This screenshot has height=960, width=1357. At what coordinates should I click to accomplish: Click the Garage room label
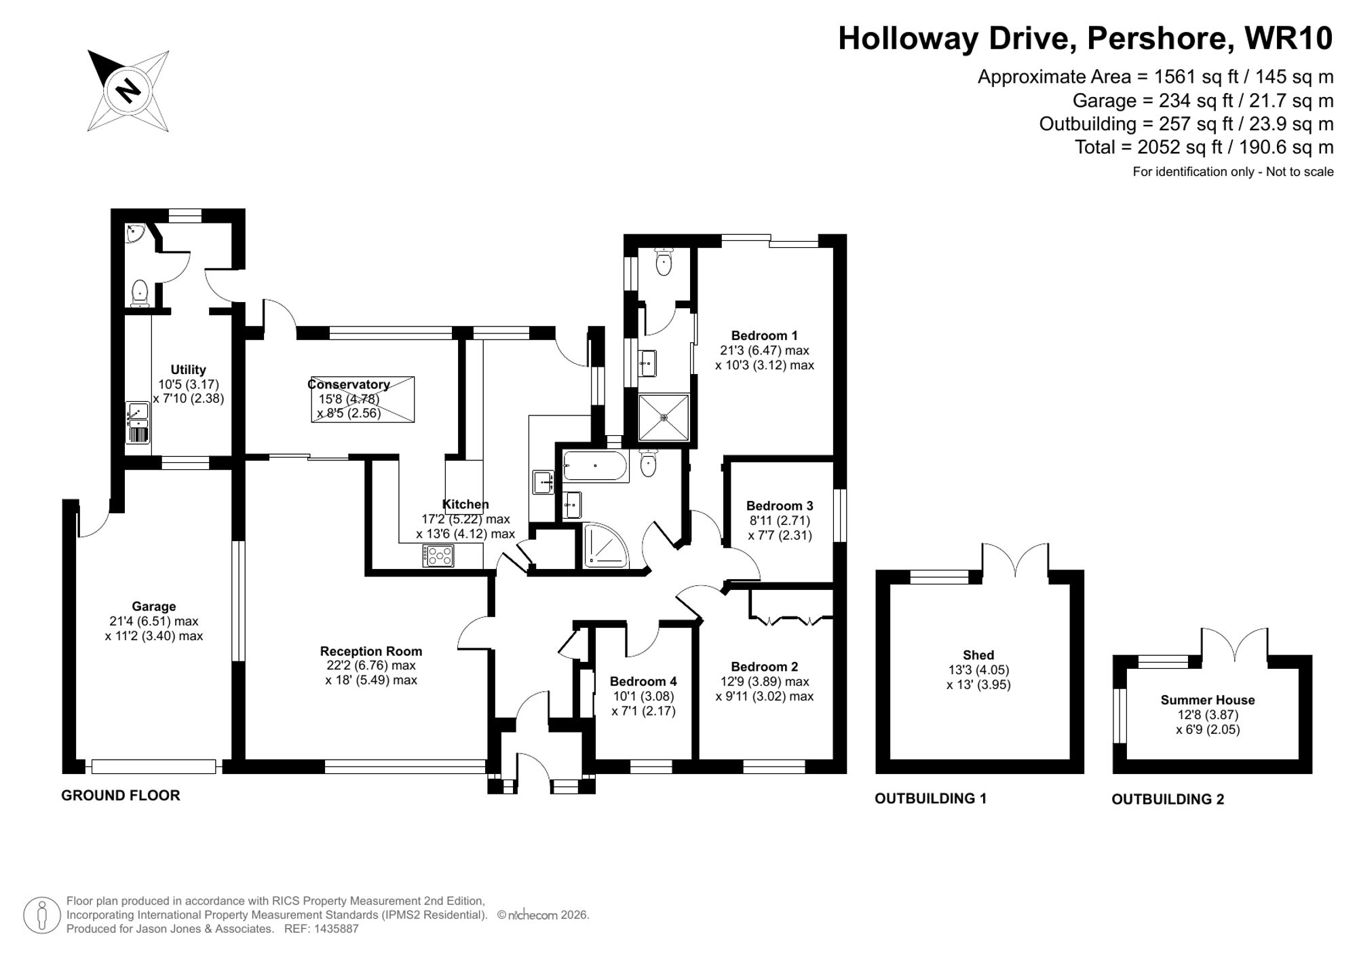(x=154, y=606)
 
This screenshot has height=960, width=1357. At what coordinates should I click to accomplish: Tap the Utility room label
(x=188, y=370)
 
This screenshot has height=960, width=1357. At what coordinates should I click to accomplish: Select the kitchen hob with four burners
(x=438, y=556)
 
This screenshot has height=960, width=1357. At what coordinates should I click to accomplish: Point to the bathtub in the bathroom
(x=595, y=466)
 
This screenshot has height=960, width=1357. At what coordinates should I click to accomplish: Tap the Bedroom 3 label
(x=780, y=506)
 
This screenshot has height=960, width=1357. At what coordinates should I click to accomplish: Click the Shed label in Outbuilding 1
(x=978, y=655)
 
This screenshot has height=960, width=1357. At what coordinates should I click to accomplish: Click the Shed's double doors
(x=1015, y=561)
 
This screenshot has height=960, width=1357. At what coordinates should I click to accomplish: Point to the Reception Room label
(x=371, y=651)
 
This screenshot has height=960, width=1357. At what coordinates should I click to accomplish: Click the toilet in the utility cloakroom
(x=140, y=292)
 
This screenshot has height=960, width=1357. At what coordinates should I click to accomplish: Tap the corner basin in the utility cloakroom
(x=135, y=234)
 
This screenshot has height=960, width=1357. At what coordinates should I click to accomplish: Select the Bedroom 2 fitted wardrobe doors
(x=791, y=619)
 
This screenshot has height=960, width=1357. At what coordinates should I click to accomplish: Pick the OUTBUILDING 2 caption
(x=1168, y=799)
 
